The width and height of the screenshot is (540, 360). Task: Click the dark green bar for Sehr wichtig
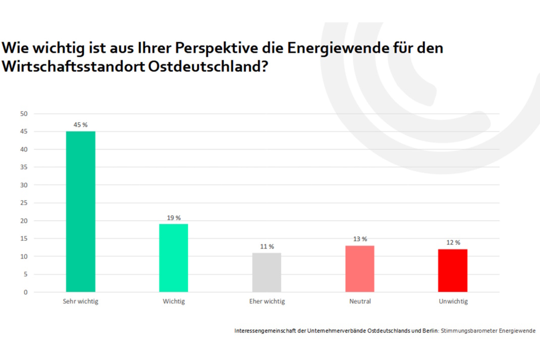point(81,212)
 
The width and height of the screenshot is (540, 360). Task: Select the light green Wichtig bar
point(174,258)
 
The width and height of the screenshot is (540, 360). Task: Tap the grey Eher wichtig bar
point(266,272)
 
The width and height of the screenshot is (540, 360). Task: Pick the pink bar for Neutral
point(360,269)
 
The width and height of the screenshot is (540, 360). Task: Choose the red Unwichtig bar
point(453,271)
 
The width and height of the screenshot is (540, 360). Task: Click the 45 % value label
point(81,125)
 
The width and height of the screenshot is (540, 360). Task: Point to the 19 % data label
point(174,218)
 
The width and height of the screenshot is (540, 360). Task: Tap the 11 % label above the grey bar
point(267,246)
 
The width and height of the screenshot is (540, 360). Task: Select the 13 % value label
point(360,239)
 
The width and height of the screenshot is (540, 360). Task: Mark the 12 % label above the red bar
point(453,242)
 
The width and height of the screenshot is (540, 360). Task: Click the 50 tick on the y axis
point(24,114)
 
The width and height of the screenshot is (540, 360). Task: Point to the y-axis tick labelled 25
point(24,203)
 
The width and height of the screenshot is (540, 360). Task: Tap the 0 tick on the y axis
point(25,292)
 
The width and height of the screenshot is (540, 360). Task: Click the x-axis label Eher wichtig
point(267,301)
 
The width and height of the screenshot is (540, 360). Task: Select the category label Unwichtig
point(453,301)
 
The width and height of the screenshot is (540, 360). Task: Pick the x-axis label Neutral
point(360,301)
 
